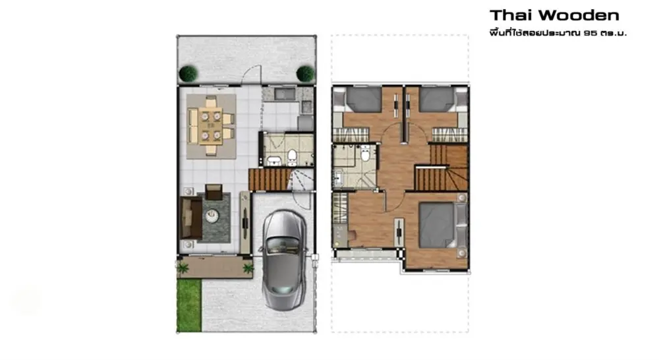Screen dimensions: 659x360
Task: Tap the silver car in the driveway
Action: tap(284, 260)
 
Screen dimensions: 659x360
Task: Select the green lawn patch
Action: tap(189, 305)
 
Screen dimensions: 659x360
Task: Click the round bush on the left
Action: tap(188, 74)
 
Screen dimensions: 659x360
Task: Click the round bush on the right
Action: tap(305, 74)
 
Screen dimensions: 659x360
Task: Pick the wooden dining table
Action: tap(211, 126)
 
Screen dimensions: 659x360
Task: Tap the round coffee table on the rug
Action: tap(212, 216)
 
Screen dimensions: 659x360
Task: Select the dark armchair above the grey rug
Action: tap(214, 192)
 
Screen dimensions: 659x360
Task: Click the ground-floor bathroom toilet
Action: tap(292, 157)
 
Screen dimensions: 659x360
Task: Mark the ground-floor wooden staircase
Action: tap(270, 179)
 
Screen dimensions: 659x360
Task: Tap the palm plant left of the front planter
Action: tap(183, 268)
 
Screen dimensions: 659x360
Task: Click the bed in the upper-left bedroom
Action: tap(358, 100)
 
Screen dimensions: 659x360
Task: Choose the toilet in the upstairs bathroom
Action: tap(366, 154)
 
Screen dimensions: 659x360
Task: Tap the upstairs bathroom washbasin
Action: tap(338, 179)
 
